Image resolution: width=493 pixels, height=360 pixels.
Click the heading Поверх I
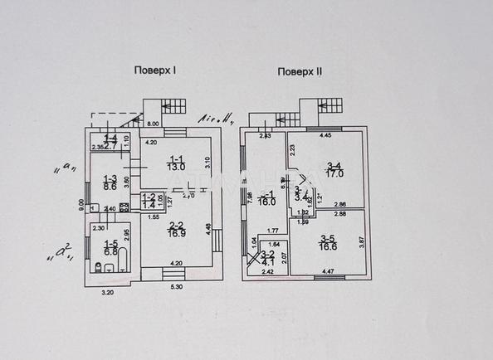[158, 71]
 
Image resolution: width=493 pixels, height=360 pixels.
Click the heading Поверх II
[300, 71]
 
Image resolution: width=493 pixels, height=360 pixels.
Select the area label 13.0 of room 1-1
[176, 167]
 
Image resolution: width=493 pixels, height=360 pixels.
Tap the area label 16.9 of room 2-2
[176, 234]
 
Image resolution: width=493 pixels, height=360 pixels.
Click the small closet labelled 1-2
[149, 201]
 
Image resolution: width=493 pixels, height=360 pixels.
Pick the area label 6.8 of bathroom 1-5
[110, 251]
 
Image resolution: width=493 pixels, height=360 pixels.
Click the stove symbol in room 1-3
[124, 207]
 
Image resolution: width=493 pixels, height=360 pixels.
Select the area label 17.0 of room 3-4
[335, 175]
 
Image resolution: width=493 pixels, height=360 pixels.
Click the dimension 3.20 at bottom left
[106, 293]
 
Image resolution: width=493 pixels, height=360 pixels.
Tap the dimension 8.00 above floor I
[152, 124]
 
